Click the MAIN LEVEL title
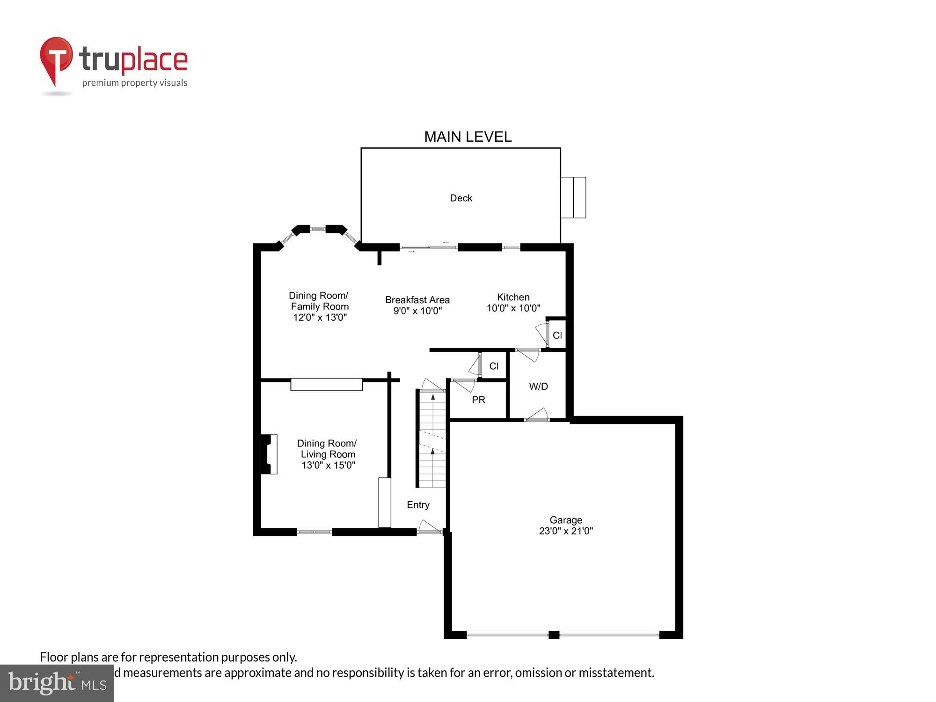click(x=468, y=137)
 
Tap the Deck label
click(x=461, y=198)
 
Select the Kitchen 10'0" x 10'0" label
click(x=513, y=302)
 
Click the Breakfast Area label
click(x=417, y=305)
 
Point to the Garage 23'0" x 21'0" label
click(x=566, y=525)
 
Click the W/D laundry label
click(x=538, y=386)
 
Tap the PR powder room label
click(x=478, y=400)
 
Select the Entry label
click(x=418, y=505)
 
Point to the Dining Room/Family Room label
click(x=319, y=306)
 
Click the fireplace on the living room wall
click(x=269, y=454)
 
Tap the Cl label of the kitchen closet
click(x=557, y=335)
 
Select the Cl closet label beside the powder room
click(x=494, y=366)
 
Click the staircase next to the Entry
click(x=432, y=440)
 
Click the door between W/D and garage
click(x=537, y=415)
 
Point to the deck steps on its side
click(x=573, y=197)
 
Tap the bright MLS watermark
click(x=57, y=683)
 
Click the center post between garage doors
click(x=554, y=635)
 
